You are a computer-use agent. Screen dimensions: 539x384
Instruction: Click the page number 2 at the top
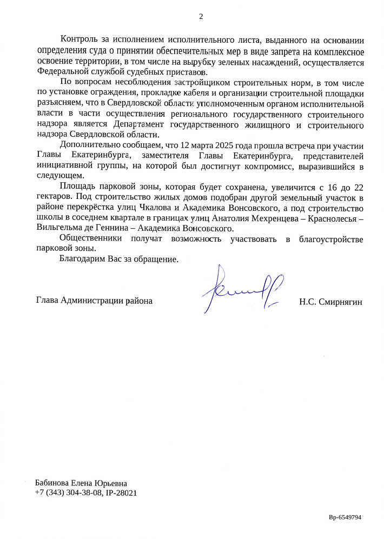pos(201,16)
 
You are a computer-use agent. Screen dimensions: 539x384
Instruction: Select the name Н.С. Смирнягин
pos(330,301)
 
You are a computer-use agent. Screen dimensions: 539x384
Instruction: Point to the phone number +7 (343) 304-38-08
pos(68,493)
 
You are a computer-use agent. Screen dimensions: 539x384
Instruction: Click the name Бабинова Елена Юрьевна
pos(82,483)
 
